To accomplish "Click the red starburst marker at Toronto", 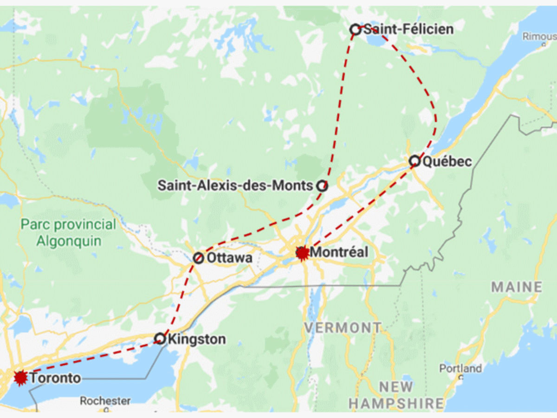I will [20, 378].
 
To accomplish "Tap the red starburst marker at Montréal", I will [302, 253].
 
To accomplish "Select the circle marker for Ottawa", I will [198, 258].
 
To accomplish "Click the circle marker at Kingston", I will [160, 339].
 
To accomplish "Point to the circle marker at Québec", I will [415, 161].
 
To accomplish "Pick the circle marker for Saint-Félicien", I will [355, 30].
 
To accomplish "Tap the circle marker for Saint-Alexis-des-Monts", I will [322, 186].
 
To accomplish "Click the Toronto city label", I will [55, 378].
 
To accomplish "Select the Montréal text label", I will [339, 252].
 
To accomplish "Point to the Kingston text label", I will [197, 339].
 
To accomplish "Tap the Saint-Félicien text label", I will [408, 29].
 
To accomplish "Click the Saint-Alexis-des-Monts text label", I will [235, 186].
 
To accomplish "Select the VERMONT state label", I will [343, 328].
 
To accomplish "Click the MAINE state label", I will [517, 287].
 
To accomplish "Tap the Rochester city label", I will [105, 400].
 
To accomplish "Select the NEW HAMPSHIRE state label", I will [396, 395].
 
